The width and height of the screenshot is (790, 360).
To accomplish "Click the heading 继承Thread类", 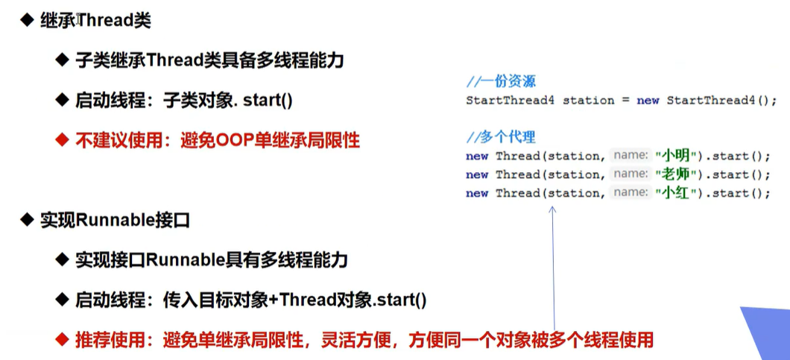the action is click(95, 22).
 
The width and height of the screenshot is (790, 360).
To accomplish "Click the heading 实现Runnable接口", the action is click(115, 221).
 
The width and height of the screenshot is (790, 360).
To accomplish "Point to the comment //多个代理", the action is click(502, 137).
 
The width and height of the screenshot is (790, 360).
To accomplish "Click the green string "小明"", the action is click(675, 157).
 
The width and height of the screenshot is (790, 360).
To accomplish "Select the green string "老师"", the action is click(675, 175).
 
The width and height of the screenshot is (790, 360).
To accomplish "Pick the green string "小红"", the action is click(675, 194).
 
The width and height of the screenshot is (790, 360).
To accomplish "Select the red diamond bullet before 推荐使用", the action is click(61, 340).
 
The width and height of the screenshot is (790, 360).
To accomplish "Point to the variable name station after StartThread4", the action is click(589, 101).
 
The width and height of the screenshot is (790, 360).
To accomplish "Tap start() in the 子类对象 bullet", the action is click(268, 101).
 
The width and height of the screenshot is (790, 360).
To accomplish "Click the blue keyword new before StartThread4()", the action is click(648, 101).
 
